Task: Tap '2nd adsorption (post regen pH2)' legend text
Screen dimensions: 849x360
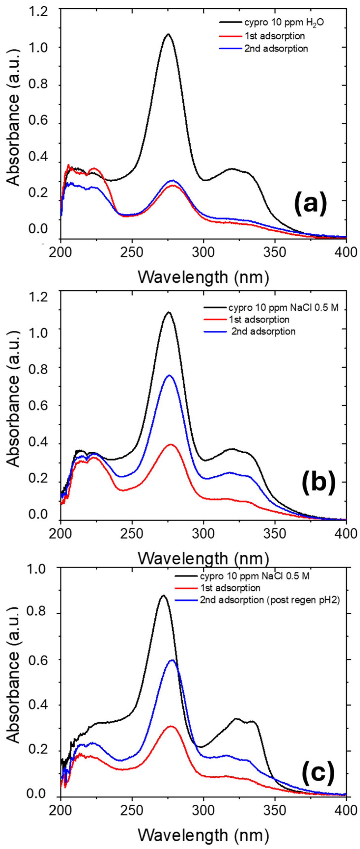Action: pos(270,600)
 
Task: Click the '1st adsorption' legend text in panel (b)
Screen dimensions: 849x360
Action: pos(259,319)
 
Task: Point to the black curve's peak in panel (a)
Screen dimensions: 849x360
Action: pos(168,34)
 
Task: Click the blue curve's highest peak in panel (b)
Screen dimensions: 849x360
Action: pos(169,375)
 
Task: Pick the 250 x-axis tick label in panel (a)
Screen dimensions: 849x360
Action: pos(132,253)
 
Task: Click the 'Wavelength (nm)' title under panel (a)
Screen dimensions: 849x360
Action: pos(203,277)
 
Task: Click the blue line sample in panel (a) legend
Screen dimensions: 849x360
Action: pos(230,48)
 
